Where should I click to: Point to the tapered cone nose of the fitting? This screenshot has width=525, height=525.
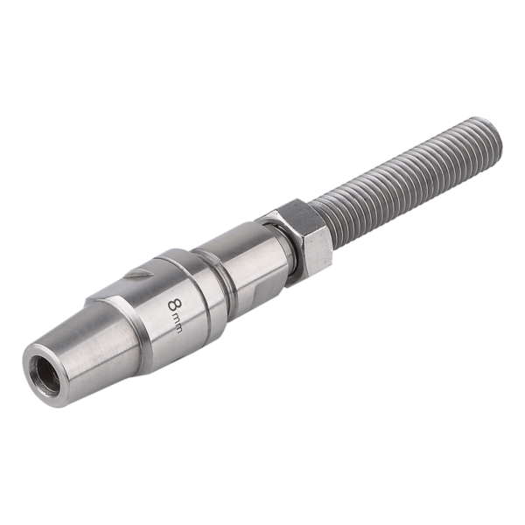point(84,348)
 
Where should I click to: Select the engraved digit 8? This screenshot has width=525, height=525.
point(174,305)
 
